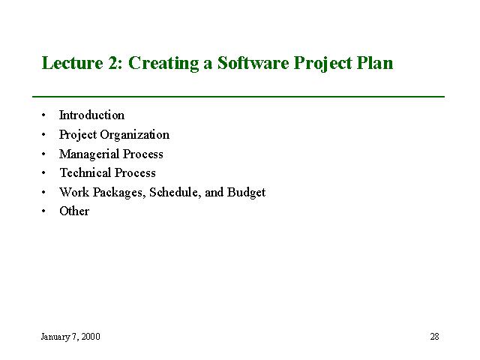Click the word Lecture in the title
click(72, 63)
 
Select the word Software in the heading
click(253, 63)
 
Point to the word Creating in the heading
click(163, 64)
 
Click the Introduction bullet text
click(91, 115)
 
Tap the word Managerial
click(89, 154)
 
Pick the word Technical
click(85, 173)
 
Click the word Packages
click(119, 193)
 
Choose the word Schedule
click(175, 192)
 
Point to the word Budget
click(247, 193)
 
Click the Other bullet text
click(74, 211)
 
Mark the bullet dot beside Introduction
click(43, 115)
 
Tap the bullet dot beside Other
click(43, 211)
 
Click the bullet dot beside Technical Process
click(43, 173)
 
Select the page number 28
click(434, 337)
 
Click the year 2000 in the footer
click(91, 337)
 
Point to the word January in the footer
click(55, 337)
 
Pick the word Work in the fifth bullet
click(74, 192)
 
